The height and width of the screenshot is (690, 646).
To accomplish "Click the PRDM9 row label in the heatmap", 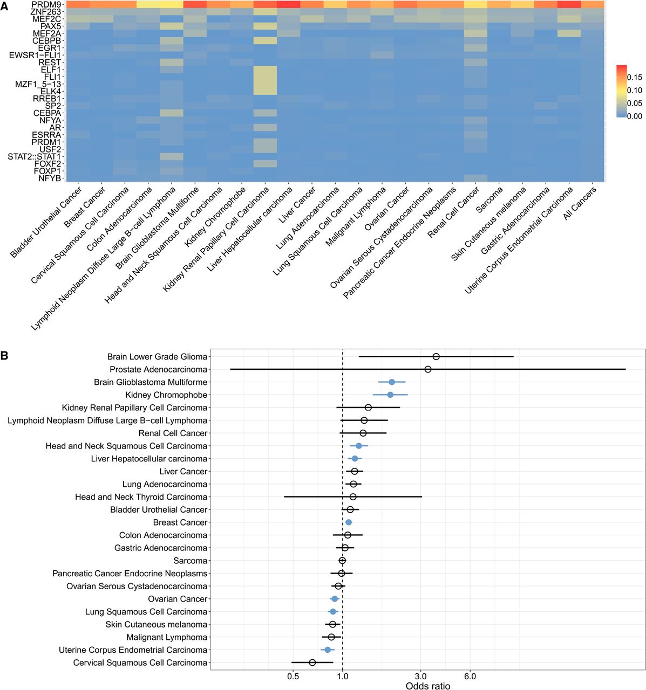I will pos(46,4).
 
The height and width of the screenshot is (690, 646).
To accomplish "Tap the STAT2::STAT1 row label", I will pos(35,156).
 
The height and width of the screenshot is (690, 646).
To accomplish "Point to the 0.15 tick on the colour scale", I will pos(635,77).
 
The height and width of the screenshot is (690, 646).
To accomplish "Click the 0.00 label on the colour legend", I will pos(635,116).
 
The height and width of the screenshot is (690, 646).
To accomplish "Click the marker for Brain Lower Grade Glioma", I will pos(436,356).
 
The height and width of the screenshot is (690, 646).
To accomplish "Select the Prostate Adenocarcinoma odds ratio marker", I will pos(428,369).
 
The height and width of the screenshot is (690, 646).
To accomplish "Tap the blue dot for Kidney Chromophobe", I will pos(390,395).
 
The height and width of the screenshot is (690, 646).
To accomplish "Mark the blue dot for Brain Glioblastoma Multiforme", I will pos(392,382).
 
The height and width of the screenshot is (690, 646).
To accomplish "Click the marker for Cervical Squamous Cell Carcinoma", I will pos(312,663).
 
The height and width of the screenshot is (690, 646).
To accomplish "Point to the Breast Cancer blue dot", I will pos(349,522).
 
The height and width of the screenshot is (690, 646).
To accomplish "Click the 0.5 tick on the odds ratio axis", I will pos(293,676).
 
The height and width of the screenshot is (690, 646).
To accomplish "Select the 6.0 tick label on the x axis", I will pos(470,676).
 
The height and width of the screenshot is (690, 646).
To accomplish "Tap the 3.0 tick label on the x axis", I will pos(421,676).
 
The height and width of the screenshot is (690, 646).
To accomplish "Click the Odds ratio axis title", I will pos(427,686).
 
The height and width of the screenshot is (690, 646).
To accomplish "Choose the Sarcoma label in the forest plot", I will pos(190,561).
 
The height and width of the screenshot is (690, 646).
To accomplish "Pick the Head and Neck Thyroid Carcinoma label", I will pos(141,497).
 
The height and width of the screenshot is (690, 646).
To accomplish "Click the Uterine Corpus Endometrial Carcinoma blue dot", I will pos(328,650).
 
